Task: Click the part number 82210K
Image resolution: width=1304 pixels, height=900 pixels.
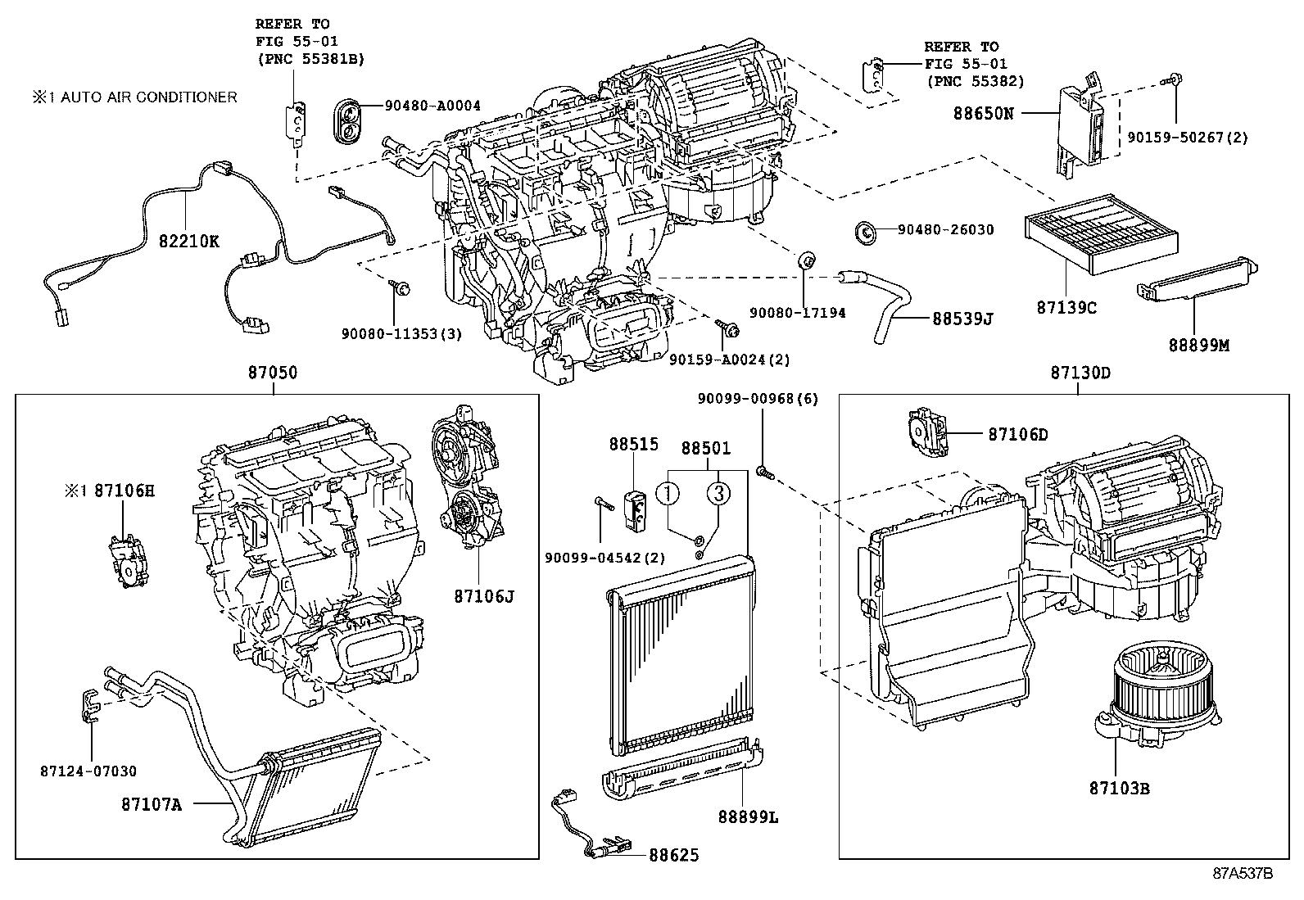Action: click(189, 242)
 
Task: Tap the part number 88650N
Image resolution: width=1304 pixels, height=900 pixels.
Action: click(982, 113)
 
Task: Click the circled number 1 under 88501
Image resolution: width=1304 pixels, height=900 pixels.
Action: click(669, 493)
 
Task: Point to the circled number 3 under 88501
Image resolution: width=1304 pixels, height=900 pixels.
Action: click(718, 493)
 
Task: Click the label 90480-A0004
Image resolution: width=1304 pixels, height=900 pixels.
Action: click(432, 106)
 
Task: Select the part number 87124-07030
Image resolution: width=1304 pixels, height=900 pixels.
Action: click(88, 771)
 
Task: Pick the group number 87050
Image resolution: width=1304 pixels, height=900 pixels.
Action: click(273, 373)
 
